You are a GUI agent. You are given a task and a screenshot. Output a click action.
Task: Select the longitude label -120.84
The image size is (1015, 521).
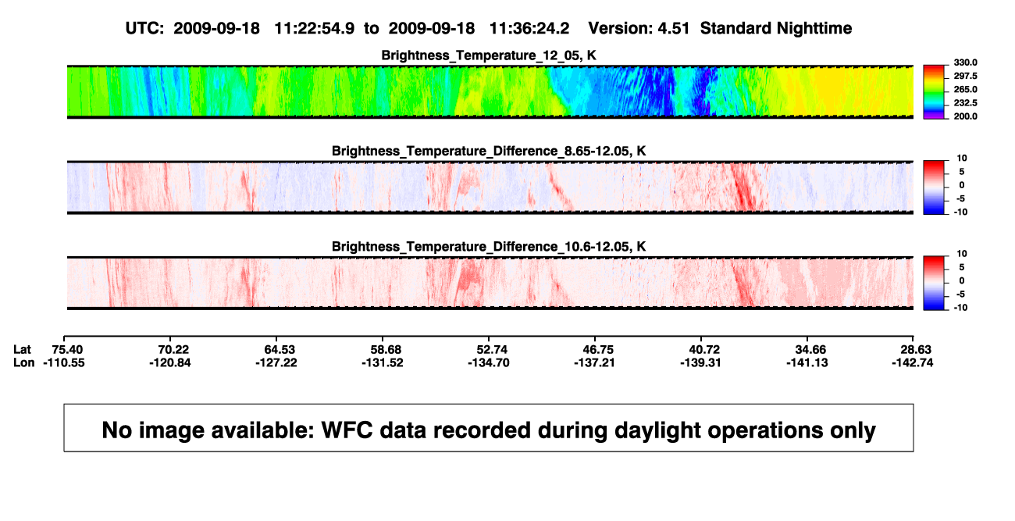170,362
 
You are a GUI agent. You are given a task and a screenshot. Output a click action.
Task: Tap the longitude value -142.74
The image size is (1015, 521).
913,362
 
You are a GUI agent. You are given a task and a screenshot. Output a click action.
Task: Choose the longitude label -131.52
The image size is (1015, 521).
383,362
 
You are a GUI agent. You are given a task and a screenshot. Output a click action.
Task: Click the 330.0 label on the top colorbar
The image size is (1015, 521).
965,62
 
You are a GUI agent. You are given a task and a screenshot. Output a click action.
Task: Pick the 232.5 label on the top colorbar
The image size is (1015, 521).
965,103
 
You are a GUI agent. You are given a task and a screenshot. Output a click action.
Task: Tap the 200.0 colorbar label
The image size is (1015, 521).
965,116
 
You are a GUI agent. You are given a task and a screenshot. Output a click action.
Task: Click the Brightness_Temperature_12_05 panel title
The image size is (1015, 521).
489,55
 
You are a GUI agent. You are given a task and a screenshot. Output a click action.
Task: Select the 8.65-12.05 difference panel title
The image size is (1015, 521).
489,151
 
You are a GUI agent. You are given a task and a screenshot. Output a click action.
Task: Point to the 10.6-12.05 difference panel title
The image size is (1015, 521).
489,247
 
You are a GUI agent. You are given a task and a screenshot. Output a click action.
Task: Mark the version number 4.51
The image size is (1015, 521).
673,28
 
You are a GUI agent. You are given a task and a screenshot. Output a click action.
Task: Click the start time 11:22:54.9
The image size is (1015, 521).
315,28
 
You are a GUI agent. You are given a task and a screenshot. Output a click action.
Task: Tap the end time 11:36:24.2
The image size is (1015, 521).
529,28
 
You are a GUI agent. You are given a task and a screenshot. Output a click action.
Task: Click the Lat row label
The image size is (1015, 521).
22,350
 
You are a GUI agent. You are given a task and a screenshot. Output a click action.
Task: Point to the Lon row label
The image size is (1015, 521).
23,362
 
